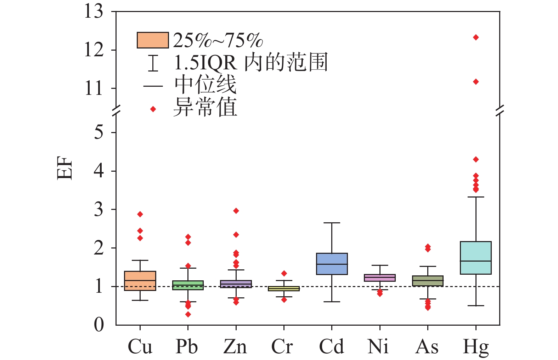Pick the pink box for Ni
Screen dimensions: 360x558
380,278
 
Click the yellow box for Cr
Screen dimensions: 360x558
284,288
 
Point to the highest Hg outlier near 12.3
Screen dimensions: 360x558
476,37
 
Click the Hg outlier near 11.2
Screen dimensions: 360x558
476,82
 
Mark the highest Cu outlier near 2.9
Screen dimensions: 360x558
140,214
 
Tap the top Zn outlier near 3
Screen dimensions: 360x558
236,211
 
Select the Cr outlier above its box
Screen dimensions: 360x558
284,273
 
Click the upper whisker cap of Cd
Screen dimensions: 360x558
332,223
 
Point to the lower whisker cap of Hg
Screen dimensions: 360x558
476,305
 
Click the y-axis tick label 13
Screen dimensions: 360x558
94,11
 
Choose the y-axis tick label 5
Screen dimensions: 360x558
99,132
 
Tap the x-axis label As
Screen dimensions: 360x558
427,347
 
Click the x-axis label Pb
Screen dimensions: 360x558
187,347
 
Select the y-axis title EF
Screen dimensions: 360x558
65,168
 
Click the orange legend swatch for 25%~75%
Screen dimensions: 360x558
153,40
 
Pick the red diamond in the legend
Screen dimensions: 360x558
153,109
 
